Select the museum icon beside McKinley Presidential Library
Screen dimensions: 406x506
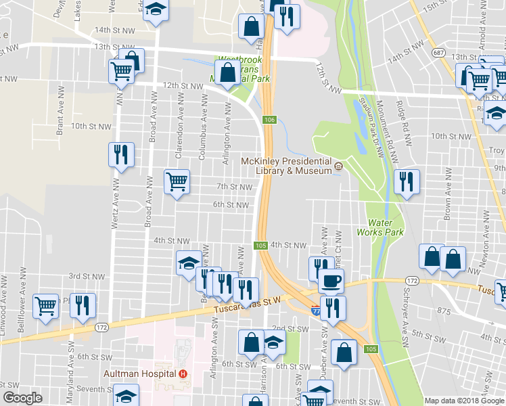[x=339, y=165]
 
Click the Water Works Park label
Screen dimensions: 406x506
[x=385, y=227]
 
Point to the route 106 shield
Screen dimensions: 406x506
[x=270, y=120]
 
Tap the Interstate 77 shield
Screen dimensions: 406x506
[x=317, y=310]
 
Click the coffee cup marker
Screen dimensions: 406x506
[x=331, y=280]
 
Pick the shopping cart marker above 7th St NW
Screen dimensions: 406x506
[x=177, y=181]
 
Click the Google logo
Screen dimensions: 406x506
[x=23, y=398]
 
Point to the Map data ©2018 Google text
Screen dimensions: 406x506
[x=463, y=401]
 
